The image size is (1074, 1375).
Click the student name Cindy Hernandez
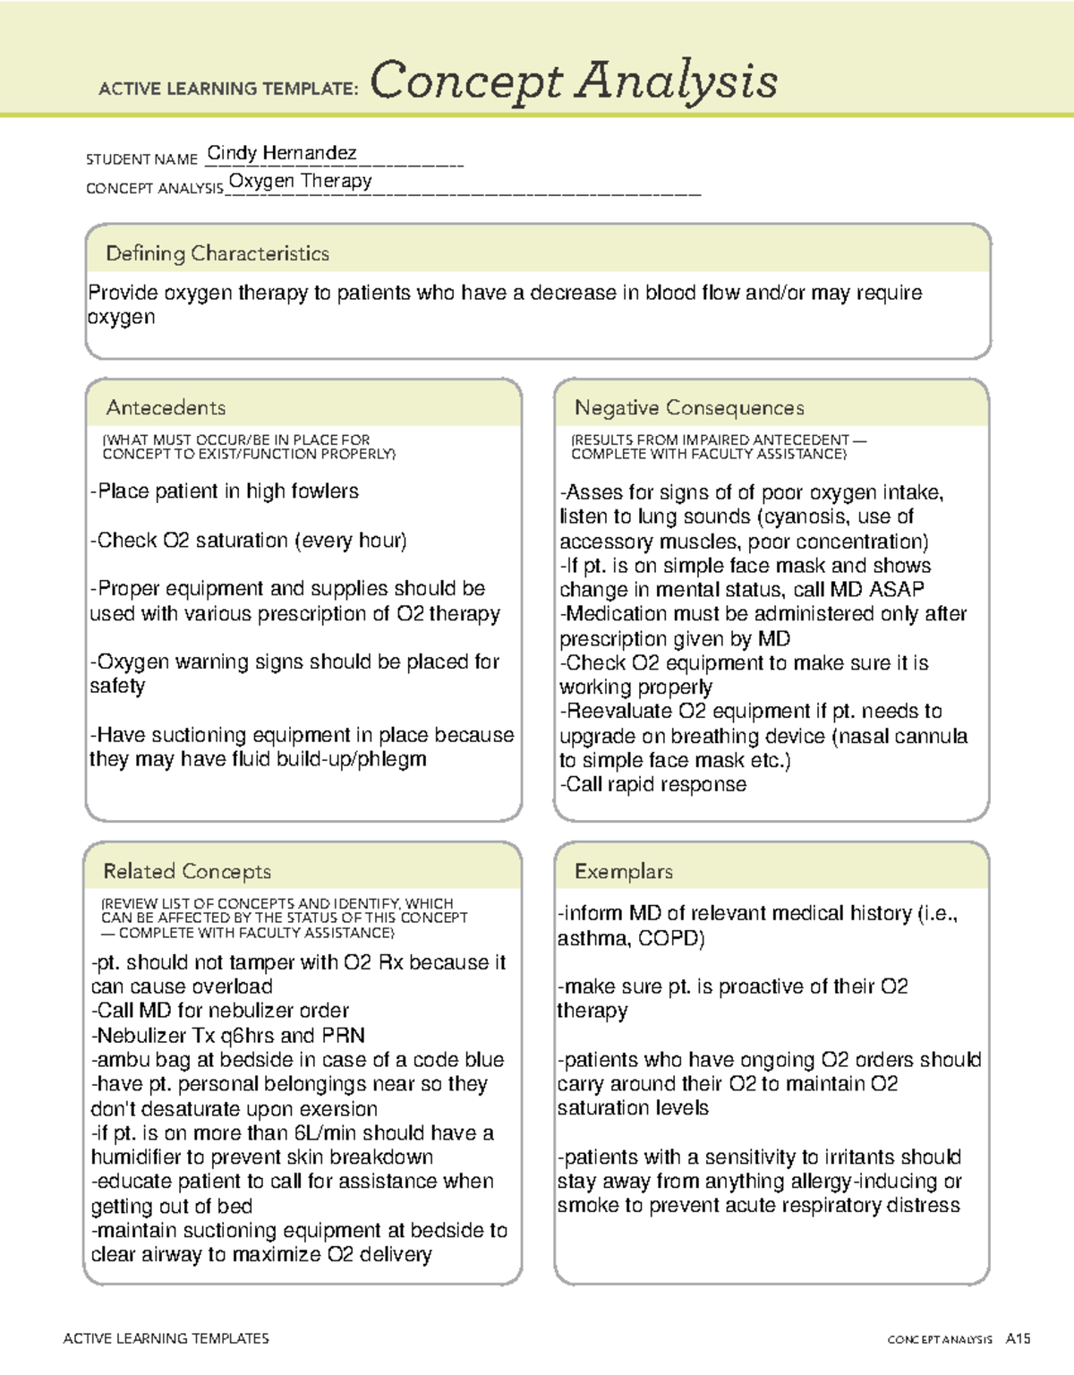click(x=281, y=153)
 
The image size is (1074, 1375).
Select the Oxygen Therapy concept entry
click(x=300, y=181)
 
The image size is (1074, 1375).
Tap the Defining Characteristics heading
click(x=217, y=253)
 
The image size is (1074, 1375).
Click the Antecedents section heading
click(x=166, y=407)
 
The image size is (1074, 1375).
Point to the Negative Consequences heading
click(x=689, y=407)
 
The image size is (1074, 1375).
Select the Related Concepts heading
click(x=187, y=871)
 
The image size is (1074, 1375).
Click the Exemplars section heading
click(x=623, y=871)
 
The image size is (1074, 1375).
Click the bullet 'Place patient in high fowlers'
click(x=225, y=491)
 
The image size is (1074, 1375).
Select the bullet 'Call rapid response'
click(x=653, y=784)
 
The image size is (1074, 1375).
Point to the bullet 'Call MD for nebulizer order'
click(x=220, y=1011)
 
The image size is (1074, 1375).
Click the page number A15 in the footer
click(x=1018, y=1339)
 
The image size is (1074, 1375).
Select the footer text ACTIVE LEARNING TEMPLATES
click(x=166, y=1338)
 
